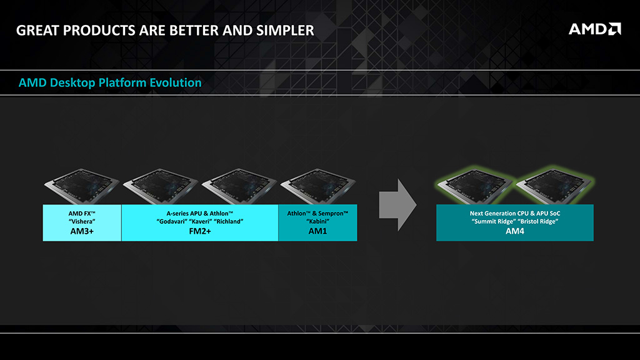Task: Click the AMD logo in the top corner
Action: (595, 29)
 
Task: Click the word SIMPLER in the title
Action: (285, 31)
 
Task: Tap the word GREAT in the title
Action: (37, 31)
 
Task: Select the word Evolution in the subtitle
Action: (176, 83)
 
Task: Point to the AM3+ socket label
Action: (82, 231)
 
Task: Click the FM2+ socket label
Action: (200, 231)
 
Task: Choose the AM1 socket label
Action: (317, 231)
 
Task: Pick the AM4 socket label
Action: (515, 231)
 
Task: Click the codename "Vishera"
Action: (82, 222)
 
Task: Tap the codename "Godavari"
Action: (171, 222)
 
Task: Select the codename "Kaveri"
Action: (201, 222)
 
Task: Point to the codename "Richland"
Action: (229, 222)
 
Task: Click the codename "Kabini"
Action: (317, 222)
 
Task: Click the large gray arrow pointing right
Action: (398, 205)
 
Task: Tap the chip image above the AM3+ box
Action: (82, 186)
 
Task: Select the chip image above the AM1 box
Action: (318, 186)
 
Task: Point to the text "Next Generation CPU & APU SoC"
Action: (515, 214)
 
